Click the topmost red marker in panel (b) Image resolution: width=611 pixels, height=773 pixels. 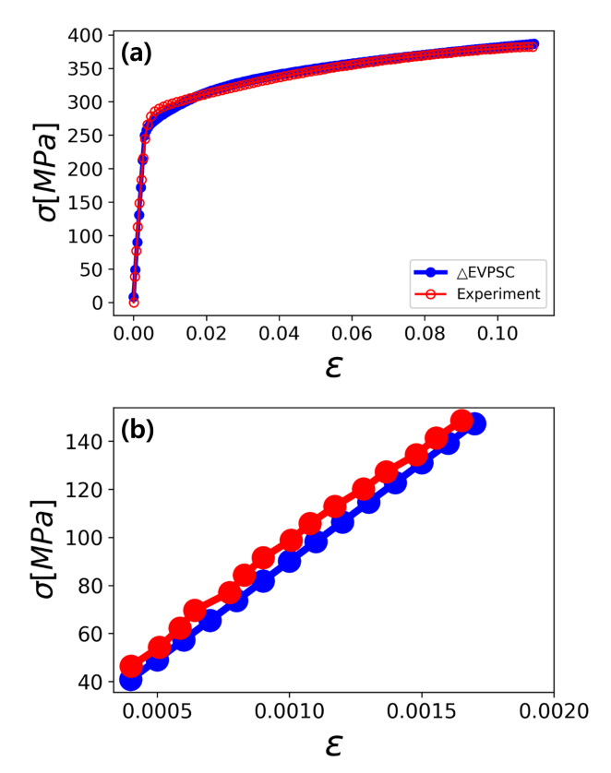pos(462,422)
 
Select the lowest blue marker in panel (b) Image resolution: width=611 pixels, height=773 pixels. pos(130,680)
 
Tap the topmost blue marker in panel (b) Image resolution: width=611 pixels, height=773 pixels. pos(475,424)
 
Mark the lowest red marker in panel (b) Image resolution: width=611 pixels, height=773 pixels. pos(131,666)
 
